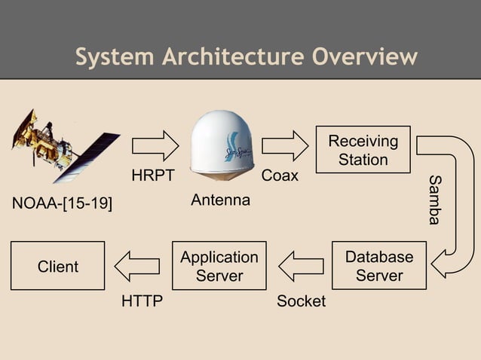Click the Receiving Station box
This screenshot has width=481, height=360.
coord(363,149)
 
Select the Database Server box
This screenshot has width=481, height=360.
coord(379,266)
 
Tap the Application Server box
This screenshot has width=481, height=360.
coord(219,266)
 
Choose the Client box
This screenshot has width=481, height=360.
coord(58,266)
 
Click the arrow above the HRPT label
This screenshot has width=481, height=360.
coord(155,145)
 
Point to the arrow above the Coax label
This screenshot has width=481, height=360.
coord(284,145)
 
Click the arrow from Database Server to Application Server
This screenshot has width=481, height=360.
coord(301,266)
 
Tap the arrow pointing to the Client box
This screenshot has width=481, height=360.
coord(137,266)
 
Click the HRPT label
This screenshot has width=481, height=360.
coord(153,176)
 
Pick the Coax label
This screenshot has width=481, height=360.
coord(280,176)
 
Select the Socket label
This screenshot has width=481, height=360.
coord(301,301)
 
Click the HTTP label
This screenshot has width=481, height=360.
coord(142,301)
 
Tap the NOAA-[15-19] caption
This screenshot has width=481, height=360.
coord(63,204)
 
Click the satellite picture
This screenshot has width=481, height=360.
coord(64,147)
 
